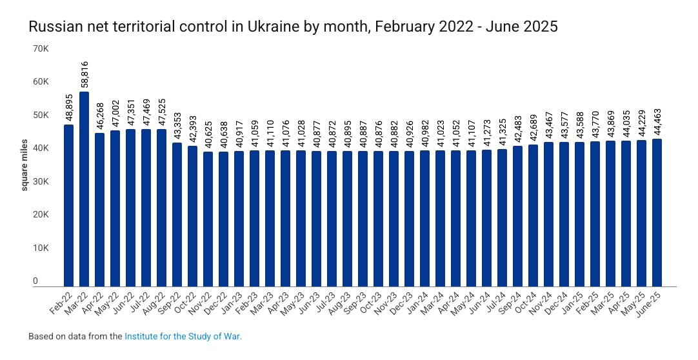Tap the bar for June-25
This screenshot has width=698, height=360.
657,212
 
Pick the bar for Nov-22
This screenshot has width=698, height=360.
208,219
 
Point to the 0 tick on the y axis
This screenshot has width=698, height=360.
35,281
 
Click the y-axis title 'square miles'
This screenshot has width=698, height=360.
25,165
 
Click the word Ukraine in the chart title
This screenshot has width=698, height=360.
272,28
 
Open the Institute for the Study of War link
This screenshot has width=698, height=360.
183,336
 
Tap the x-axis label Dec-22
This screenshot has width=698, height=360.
219,302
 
